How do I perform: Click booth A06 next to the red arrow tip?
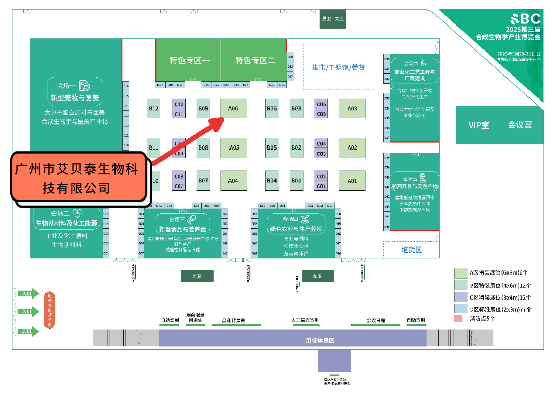234,108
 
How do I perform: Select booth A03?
352,108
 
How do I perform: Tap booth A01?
352,181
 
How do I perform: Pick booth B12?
154,108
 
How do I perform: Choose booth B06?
272,108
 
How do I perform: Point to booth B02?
296,148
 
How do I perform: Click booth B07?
203,181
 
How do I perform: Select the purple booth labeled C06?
321,104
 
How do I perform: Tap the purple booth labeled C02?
321,177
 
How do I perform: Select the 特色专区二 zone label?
255,60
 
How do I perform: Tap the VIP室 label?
479,125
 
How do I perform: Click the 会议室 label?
520,125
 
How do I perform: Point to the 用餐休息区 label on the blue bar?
320,340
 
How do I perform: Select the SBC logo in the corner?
523,19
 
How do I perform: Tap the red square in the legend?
458,318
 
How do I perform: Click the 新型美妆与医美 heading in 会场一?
75,97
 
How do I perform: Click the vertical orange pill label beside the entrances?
50,310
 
